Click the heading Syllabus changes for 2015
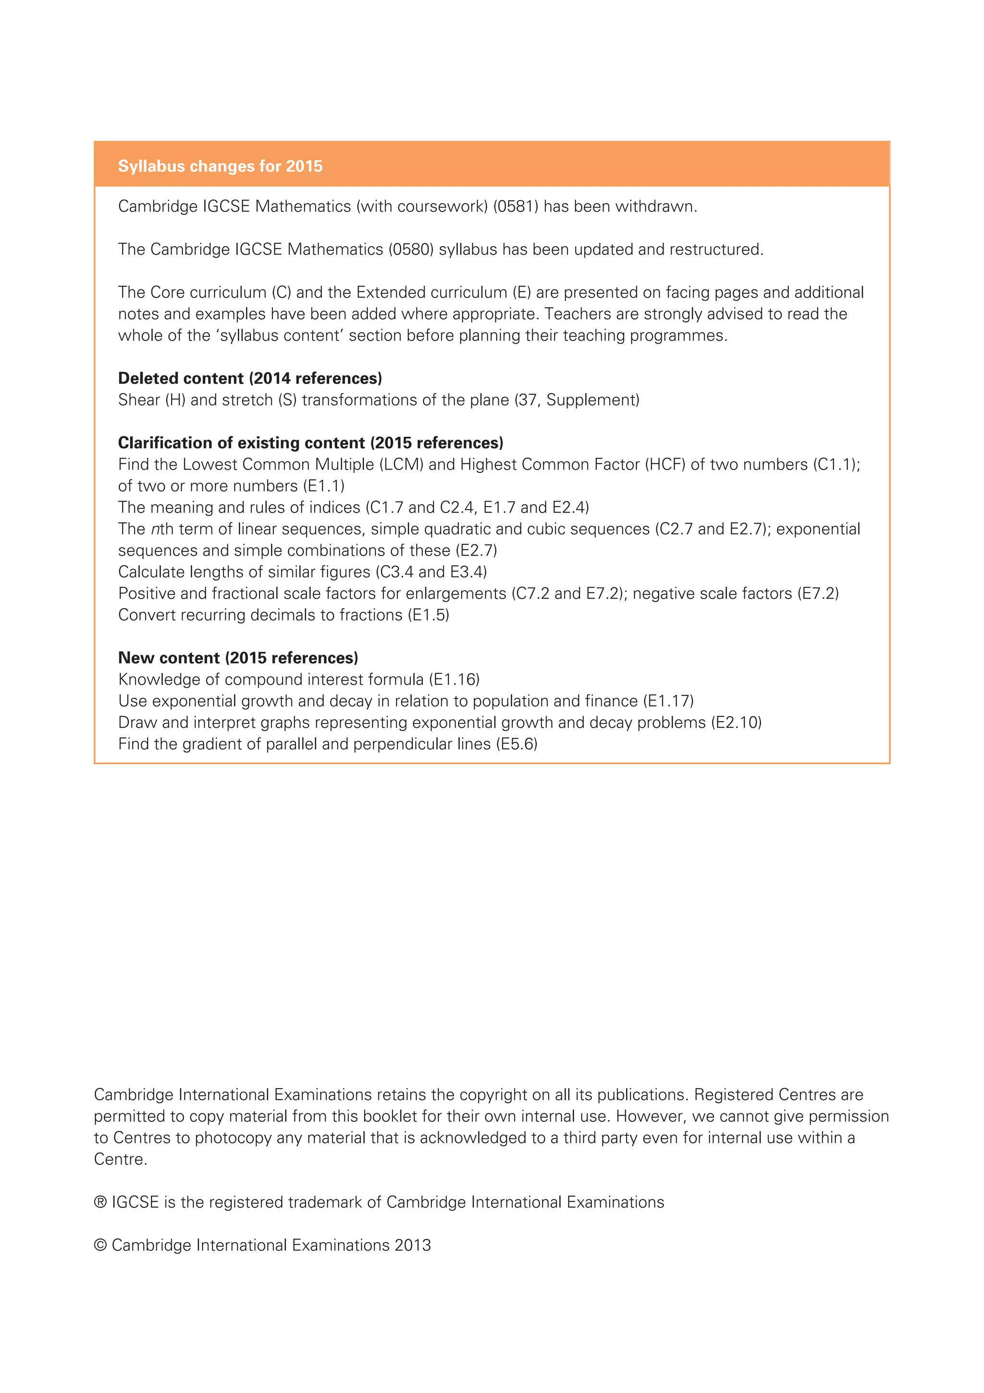(x=220, y=166)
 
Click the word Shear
(x=139, y=400)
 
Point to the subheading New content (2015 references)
(x=238, y=658)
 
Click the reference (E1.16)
(x=454, y=680)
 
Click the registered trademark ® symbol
(x=100, y=1203)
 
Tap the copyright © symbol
(x=100, y=1245)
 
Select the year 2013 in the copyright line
(x=412, y=1245)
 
